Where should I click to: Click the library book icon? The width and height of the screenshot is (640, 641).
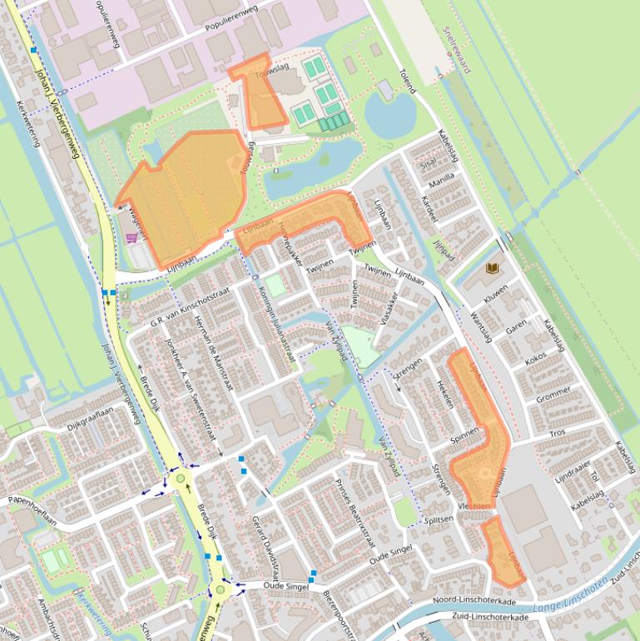coord(493,268)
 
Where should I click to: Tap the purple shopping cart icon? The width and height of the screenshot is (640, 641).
coord(131,238)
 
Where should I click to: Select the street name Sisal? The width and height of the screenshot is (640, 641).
coord(429,164)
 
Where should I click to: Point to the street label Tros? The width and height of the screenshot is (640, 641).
coord(557,433)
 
